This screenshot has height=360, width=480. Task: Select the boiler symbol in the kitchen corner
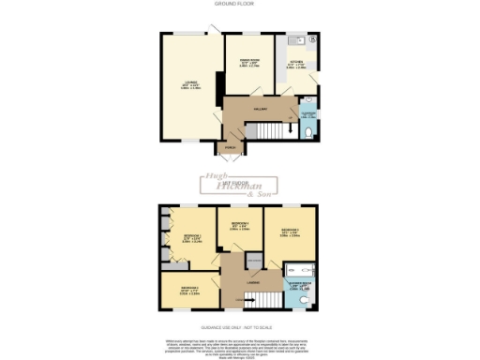(x=313, y=40)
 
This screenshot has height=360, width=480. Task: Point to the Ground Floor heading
(x=240, y=4)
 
